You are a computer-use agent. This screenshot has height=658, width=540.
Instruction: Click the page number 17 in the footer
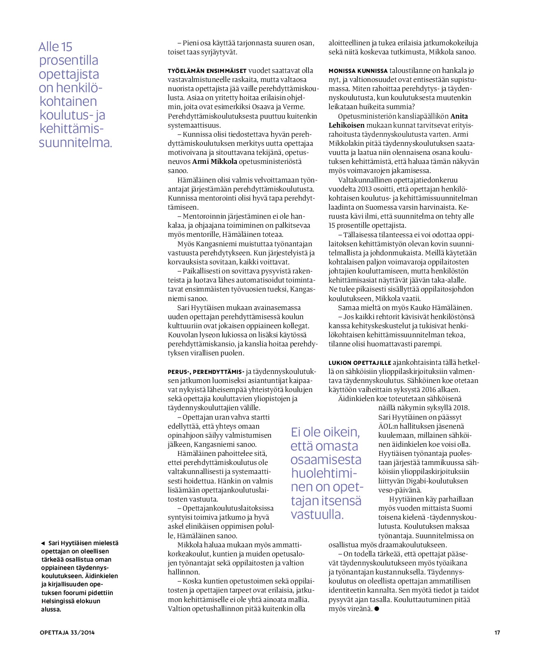click(497, 632)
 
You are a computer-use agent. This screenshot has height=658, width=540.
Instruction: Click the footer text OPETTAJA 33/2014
click(67, 632)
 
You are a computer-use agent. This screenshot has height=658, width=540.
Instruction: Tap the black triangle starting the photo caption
click(43, 543)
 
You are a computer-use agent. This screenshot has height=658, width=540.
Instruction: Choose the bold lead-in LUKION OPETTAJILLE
click(359, 363)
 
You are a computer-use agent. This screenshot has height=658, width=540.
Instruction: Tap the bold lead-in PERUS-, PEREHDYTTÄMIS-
click(206, 371)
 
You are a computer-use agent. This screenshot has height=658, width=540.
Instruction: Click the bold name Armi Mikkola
click(215, 161)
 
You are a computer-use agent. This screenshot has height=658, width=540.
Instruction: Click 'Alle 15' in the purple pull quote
click(56, 47)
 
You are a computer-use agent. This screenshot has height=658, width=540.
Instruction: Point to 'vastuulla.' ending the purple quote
click(317, 514)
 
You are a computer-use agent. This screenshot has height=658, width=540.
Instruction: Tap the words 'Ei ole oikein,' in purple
click(325, 432)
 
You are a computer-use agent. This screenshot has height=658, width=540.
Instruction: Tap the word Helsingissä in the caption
click(57, 601)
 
